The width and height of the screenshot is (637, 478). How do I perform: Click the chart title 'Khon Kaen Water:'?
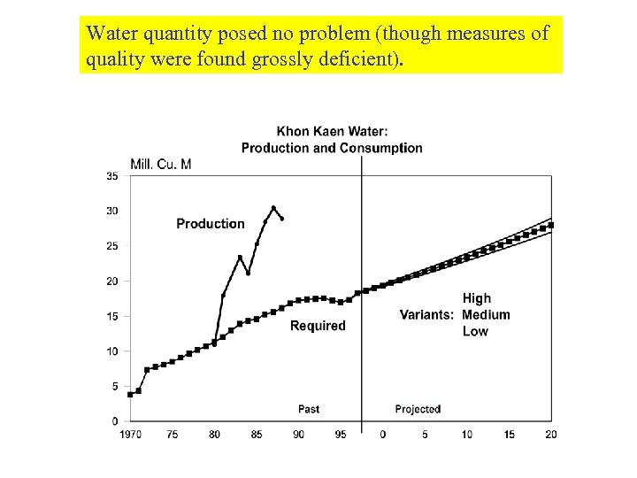tap(332, 132)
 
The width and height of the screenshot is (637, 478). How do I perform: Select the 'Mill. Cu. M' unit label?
tap(161, 164)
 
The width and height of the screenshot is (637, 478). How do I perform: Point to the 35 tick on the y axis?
tap(112, 176)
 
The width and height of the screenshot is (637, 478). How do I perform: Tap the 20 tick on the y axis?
tap(112, 281)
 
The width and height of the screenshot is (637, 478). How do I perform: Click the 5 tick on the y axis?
tap(115, 387)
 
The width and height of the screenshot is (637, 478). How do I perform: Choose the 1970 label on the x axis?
tap(130, 434)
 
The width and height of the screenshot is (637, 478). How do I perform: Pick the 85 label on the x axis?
tap(257, 434)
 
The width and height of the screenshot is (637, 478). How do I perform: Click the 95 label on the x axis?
tap(341, 434)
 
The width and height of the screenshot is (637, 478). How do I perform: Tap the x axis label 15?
tap(509, 434)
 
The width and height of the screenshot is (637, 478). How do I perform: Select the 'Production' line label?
tap(211, 224)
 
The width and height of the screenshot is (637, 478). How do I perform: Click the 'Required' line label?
tap(318, 326)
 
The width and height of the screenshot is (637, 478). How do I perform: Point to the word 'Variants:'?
tap(427, 315)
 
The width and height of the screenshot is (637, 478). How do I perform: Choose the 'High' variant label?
tap(476, 298)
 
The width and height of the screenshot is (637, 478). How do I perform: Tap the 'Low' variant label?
tap(475, 331)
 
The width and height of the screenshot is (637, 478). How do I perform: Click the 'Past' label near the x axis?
tap(309, 409)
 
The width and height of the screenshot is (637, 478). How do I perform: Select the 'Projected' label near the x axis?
tap(418, 409)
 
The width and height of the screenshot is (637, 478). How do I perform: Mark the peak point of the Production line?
tap(273, 208)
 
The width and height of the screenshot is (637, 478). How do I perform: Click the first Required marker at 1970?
tap(130, 394)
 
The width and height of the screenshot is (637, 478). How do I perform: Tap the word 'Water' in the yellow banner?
tap(110, 34)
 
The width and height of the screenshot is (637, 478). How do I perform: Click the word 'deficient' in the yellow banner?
tap(350, 59)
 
